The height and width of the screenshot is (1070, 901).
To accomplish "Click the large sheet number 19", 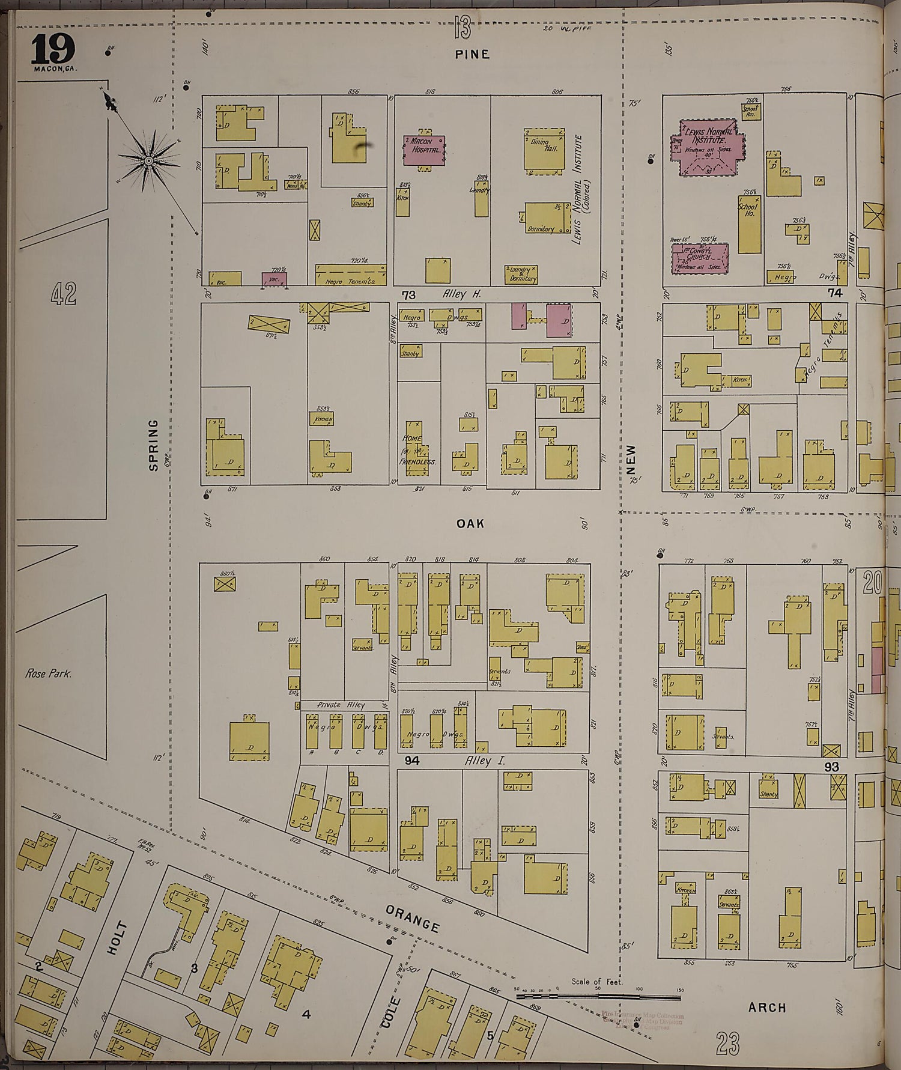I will point(53,49).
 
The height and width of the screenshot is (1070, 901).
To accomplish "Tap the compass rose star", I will point(147,161).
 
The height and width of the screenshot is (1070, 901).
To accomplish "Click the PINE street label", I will point(472,54).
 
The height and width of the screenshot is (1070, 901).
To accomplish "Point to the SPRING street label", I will point(154,445).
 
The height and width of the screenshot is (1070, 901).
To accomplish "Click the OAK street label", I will point(470,524).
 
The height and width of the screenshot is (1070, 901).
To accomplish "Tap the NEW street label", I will point(630,458).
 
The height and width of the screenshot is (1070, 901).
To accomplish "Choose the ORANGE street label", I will point(413,919).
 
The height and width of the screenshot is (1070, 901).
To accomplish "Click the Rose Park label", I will point(48,673).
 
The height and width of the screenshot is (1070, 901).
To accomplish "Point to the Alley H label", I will point(462,294).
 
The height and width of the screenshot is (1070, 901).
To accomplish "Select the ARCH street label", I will point(767,1008).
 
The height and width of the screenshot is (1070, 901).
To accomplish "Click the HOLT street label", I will point(117,938).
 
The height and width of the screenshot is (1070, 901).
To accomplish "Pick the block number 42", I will point(63,294).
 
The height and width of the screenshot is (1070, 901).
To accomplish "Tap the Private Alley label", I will point(341,705).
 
